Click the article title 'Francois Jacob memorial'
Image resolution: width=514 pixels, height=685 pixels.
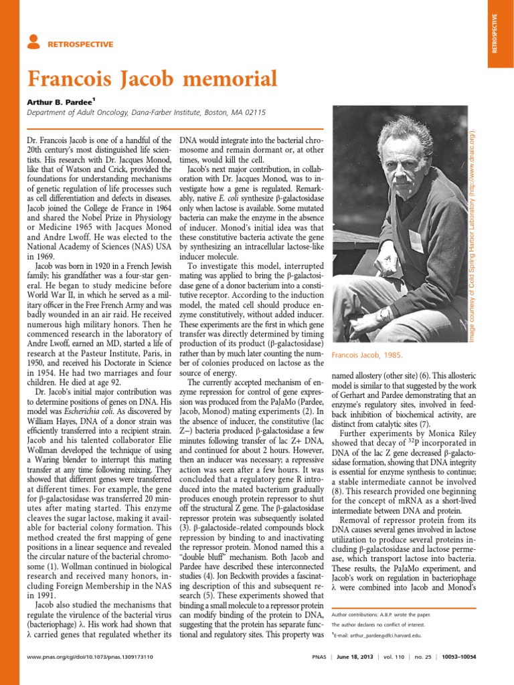[x=152, y=80]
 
